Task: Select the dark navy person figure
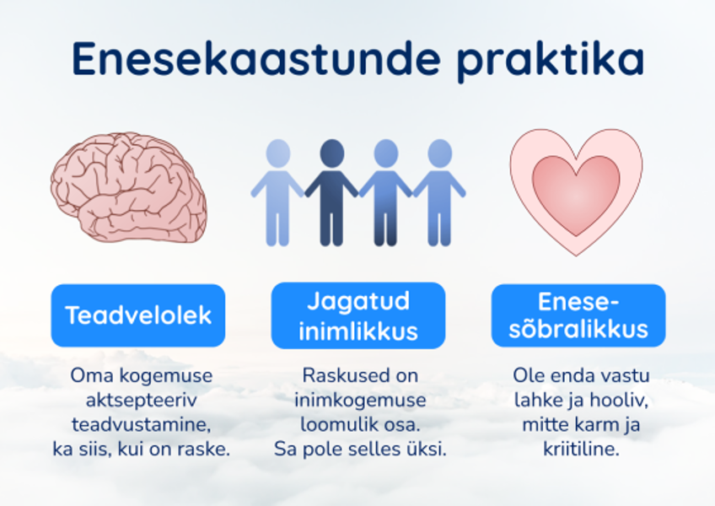pos(332,190)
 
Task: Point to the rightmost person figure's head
pos(439,153)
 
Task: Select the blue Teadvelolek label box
pos(138,315)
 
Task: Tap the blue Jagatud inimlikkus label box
pos(358,315)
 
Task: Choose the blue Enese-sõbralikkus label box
pos(578,315)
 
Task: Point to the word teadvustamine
pos(141,424)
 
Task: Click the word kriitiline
pos(581,449)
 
